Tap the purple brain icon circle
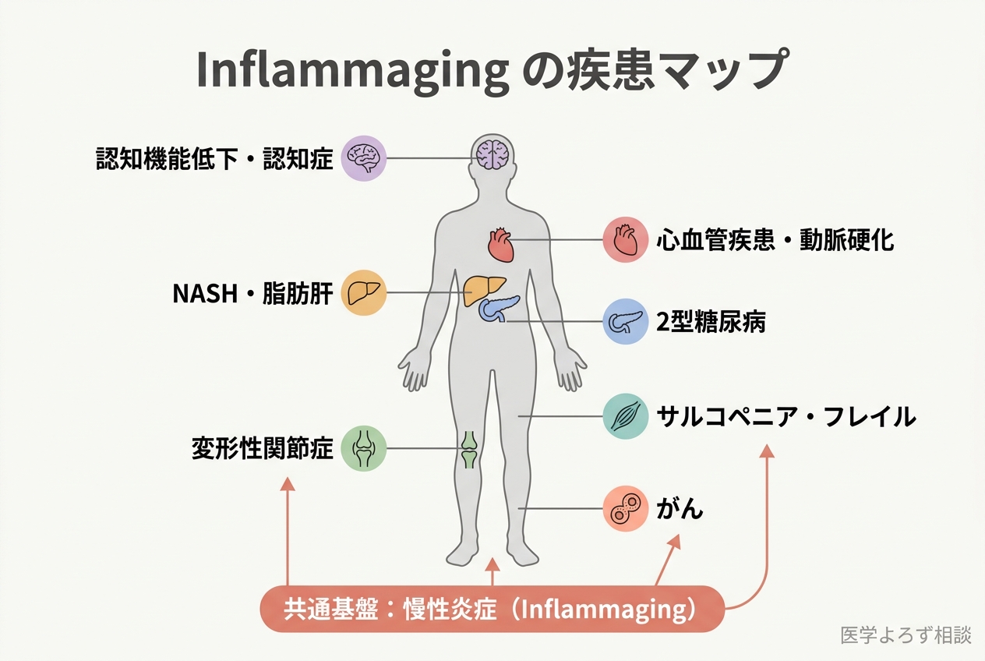(364, 158)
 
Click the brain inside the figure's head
(492, 153)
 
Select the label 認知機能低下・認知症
(214, 159)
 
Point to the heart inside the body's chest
(500, 244)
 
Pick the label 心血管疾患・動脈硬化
(775, 239)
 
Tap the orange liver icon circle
(364, 293)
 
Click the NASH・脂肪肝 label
(252, 294)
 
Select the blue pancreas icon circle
(626, 321)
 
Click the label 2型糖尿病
(711, 322)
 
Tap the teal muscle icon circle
(626, 416)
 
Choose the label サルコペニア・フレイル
(786, 416)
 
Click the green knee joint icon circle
(364, 448)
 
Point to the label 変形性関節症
(263, 449)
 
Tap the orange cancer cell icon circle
(626, 509)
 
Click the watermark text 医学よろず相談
(906, 635)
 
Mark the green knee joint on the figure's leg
(468, 449)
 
